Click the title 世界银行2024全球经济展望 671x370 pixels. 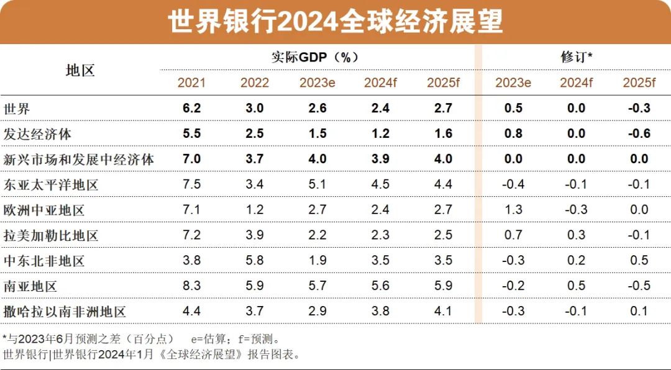(x=335, y=22)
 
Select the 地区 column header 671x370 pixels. (x=80, y=70)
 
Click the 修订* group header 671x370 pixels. (x=575, y=57)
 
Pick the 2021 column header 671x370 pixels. (x=191, y=83)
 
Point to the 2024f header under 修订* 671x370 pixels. (x=576, y=83)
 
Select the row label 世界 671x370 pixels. (x=17, y=109)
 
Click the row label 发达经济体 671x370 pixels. (x=37, y=134)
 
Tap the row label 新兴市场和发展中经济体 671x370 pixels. (x=78, y=160)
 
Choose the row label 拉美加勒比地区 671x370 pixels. (x=50, y=236)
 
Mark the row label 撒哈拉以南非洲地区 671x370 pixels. (x=64, y=312)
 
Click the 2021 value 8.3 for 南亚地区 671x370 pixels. (x=191, y=286)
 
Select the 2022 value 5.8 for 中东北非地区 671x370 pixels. (x=254, y=261)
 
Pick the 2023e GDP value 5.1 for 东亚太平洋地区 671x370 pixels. (x=317, y=185)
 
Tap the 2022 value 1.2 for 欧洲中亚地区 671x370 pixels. (x=254, y=210)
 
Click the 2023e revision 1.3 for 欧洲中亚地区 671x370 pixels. (x=513, y=210)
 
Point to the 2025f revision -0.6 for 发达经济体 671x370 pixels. (x=639, y=134)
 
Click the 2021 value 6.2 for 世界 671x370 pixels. (x=191, y=109)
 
